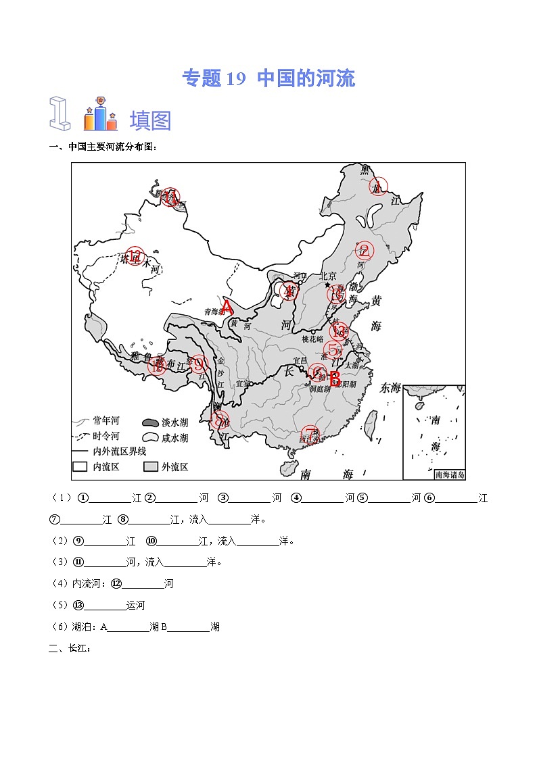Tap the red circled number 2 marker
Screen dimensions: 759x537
365,251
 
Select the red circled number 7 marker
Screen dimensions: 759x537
309,435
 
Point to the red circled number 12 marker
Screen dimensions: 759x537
136,256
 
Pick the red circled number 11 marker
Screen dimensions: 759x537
170,197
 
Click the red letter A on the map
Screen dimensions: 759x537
227,308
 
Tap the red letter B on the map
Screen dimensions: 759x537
334,378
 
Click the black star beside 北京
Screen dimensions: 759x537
327,285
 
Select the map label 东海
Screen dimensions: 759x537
390,388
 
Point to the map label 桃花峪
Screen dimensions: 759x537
312,339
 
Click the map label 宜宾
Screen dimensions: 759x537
241,384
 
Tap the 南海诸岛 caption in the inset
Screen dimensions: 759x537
450,475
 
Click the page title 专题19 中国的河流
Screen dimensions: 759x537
268,78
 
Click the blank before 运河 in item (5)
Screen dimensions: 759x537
106,605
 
